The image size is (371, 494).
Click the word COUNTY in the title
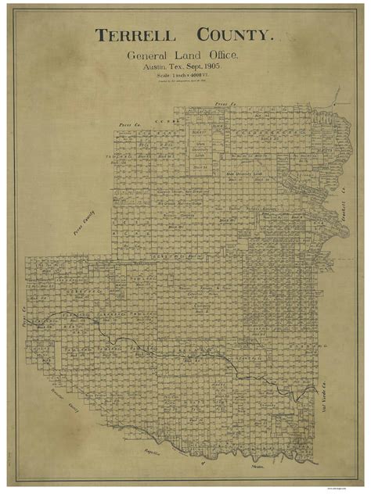pos(234,36)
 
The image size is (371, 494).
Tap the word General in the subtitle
pos(146,55)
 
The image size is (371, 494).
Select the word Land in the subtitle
pos(185,55)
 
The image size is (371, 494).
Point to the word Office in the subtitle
pos(222,55)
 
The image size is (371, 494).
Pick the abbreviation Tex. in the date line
pos(182,66)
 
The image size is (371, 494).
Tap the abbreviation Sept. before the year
pos(203,66)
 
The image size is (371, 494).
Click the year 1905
pos(226,66)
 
